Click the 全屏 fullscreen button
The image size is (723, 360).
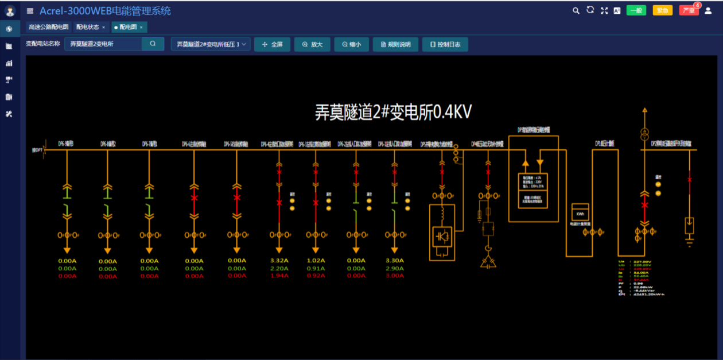click(272, 44)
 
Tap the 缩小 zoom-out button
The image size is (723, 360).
click(351, 44)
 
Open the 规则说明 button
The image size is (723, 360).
click(395, 44)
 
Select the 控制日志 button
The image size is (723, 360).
click(445, 44)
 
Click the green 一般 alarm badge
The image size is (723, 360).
click(636, 10)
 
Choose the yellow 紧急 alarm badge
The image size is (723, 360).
click(662, 10)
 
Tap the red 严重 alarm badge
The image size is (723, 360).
click(689, 10)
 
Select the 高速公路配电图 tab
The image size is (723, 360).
click(48, 27)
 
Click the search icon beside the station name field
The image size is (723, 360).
click(153, 44)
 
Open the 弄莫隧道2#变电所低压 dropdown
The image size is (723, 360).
click(211, 44)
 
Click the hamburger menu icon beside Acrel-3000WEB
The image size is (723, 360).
click(30, 11)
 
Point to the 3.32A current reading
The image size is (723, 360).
click(279, 261)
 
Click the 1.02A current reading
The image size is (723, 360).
click(316, 261)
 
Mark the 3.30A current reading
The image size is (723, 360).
click(394, 261)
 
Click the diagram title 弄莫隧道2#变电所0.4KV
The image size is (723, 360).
click(393, 112)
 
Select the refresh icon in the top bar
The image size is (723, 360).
click(590, 10)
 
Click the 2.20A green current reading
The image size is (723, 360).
click(279, 268)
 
